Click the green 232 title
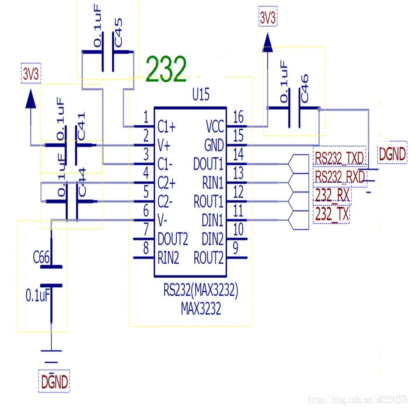166,69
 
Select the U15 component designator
201,96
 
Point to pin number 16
238,117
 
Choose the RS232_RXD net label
339,177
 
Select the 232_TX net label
331,214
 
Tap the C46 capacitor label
304,88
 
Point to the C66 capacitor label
42,258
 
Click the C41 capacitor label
81,127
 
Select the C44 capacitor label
82,187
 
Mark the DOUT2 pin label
173,239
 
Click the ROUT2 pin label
209,259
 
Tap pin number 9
235,248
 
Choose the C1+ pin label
166,127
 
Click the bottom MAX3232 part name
201,309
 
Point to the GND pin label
214,145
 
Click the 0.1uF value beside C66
38,295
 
